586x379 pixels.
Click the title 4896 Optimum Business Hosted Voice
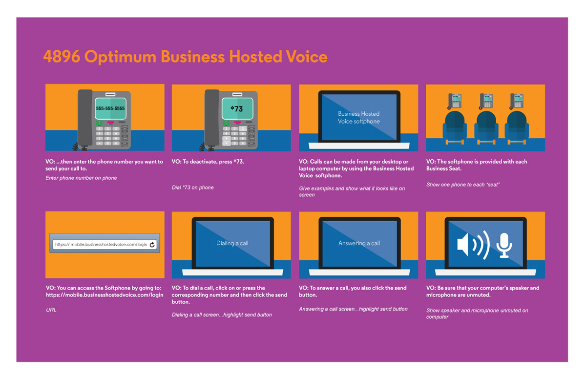click(x=185, y=57)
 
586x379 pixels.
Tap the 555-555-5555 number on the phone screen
click(x=110, y=108)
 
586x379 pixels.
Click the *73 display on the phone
click(x=237, y=108)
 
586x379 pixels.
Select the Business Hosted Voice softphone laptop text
click(x=358, y=117)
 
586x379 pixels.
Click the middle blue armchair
click(x=486, y=127)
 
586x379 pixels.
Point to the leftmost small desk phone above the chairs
click(x=455, y=101)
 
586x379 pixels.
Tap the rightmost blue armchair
click(x=517, y=127)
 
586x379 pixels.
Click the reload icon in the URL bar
click(x=152, y=245)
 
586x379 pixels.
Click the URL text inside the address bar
click(x=101, y=244)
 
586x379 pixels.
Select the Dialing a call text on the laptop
click(x=232, y=243)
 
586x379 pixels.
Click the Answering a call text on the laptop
click(x=359, y=243)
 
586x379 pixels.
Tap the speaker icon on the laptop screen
click(x=473, y=245)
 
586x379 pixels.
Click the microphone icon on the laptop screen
click(x=504, y=245)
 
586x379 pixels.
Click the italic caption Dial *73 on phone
click(x=193, y=188)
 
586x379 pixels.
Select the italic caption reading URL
click(x=51, y=310)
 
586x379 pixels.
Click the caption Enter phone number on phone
click(x=81, y=178)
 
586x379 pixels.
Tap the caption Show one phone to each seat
click(x=463, y=185)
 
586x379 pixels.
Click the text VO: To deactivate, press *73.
click(x=208, y=162)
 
